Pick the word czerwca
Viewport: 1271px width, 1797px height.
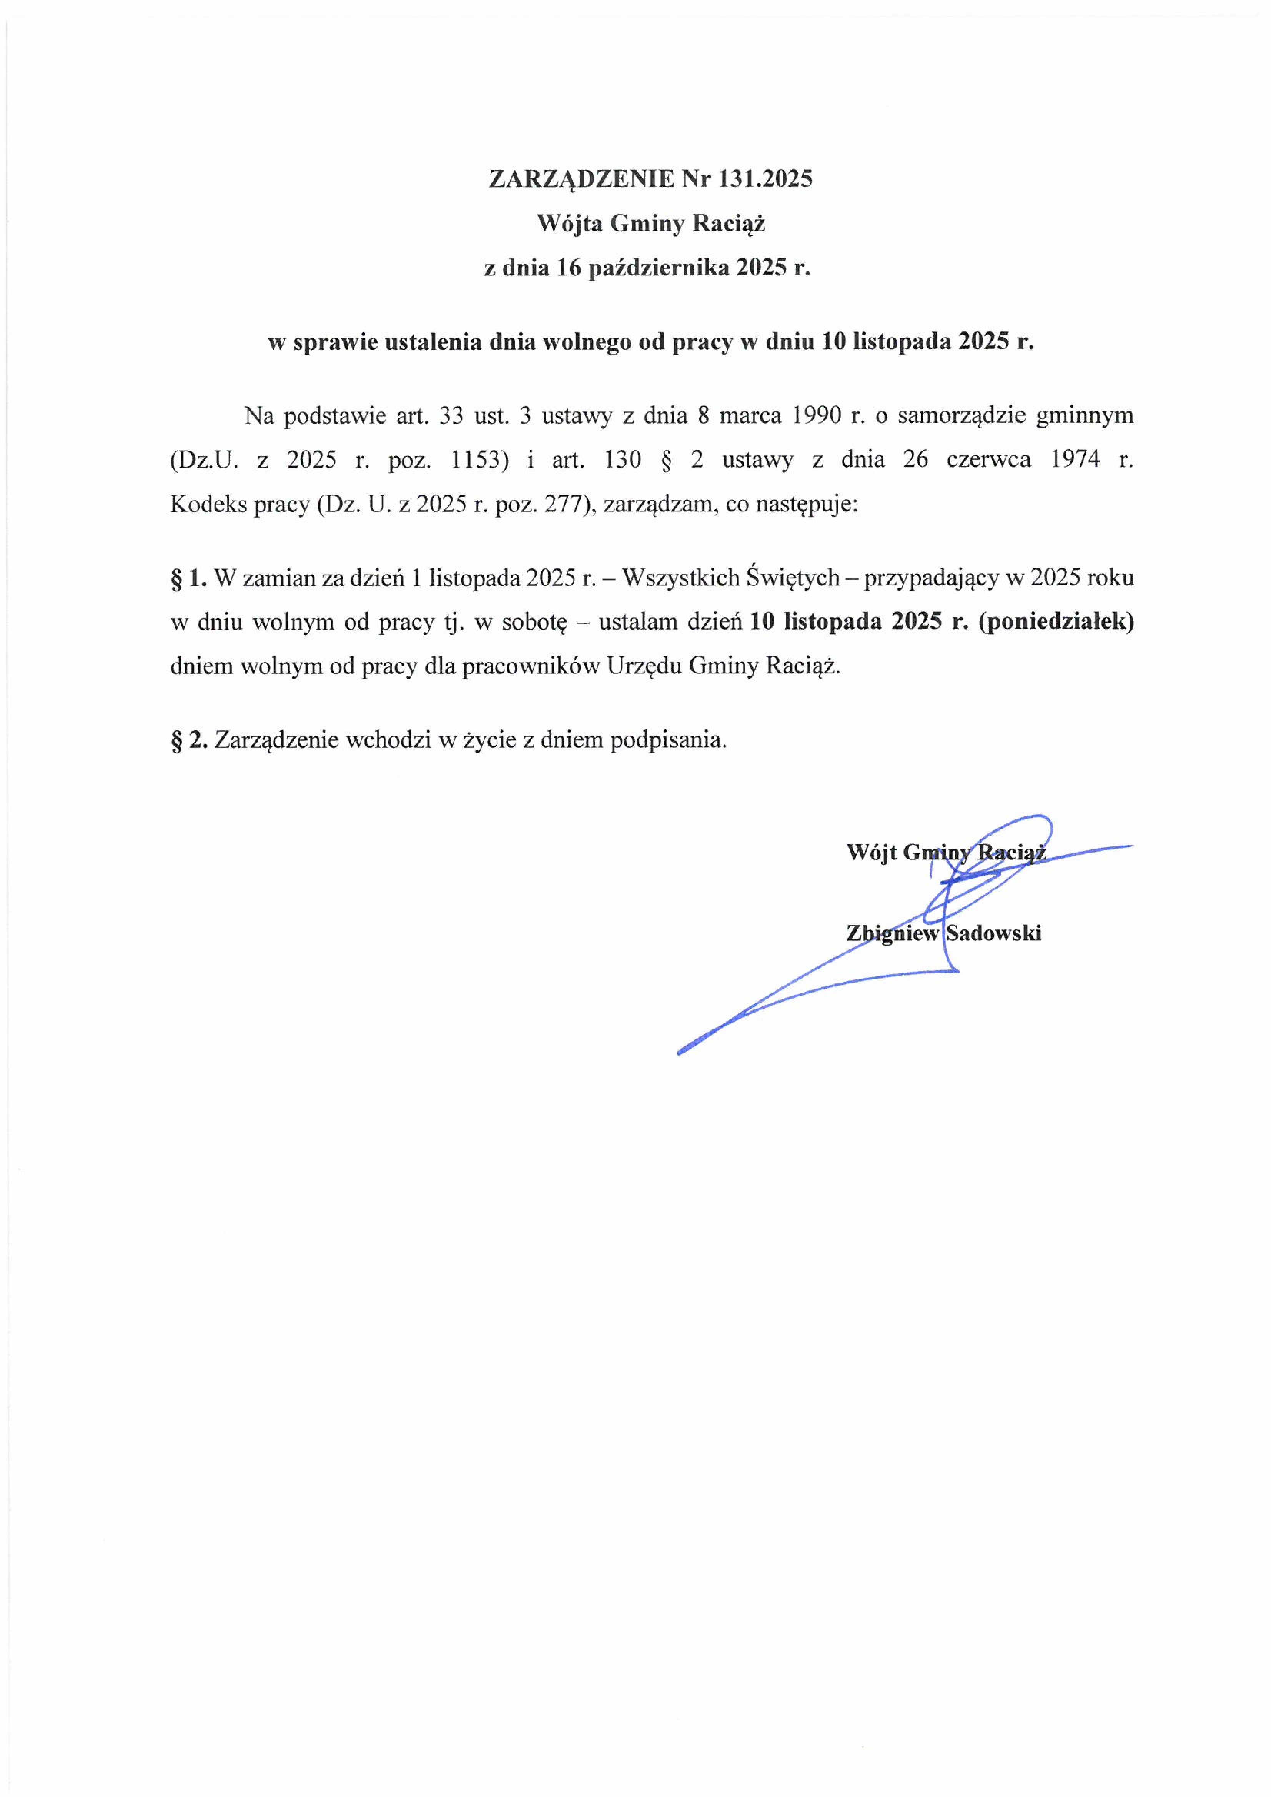pos(988,460)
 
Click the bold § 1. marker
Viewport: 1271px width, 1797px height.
pos(189,578)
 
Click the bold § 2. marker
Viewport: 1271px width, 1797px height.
pos(189,739)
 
